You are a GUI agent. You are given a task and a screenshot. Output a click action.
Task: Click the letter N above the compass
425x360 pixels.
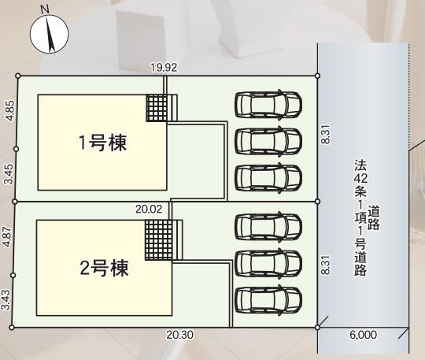pyautogui.click(x=45, y=10)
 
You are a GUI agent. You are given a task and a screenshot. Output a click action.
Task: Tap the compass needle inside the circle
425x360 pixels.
pyautogui.click(x=50, y=34)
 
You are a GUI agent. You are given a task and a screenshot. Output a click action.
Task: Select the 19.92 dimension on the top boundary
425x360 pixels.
pyautogui.click(x=164, y=67)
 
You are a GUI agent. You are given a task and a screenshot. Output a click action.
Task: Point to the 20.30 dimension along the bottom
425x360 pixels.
pyautogui.click(x=179, y=335)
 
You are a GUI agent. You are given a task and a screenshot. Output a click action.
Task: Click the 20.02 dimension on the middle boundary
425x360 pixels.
pyautogui.click(x=149, y=209)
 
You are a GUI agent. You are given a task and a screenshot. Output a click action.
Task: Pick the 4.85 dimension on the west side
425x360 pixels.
pyautogui.click(x=10, y=110)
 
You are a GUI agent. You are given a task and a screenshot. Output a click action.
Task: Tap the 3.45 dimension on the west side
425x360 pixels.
pyautogui.click(x=9, y=174)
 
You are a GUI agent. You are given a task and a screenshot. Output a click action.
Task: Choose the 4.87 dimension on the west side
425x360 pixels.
pyautogui.click(x=8, y=236)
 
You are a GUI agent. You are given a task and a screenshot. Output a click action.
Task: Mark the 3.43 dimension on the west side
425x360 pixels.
pyautogui.click(x=6, y=299)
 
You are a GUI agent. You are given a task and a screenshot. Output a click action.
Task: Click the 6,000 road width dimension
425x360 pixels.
pyautogui.click(x=363, y=335)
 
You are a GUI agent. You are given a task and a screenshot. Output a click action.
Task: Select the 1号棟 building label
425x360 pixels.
pyautogui.click(x=102, y=143)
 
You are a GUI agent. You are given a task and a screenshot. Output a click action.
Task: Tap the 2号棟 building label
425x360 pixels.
pyautogui.click(x=104, y=268)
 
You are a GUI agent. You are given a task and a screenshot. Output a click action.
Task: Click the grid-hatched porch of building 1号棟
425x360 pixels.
pyautogui.click(x=157, y=108)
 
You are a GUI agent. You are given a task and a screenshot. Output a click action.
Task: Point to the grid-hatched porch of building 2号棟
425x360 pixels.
pyautogui.click(x=159, y=239)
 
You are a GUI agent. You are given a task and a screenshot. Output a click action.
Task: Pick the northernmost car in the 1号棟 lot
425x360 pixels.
pyautogui.click(x=268, y=105)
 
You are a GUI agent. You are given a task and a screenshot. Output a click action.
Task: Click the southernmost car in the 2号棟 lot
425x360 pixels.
pyautogui.click(x=268, y=300)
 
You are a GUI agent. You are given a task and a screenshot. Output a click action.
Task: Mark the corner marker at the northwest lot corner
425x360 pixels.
pyautogui.click(x=18, y=76)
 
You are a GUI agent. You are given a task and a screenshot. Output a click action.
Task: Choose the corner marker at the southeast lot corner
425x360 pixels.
pyautogui.click(x=318, y=328)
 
